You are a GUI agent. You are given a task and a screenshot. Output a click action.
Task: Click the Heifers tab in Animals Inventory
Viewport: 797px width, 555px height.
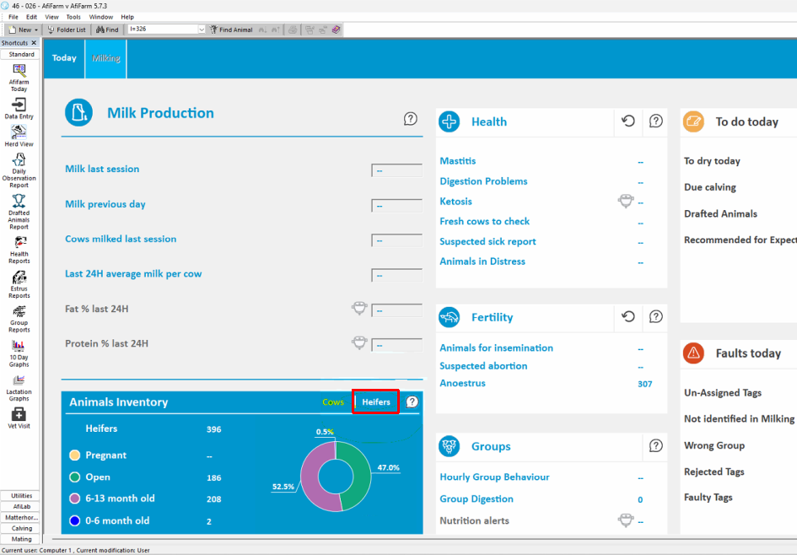pos(375,402)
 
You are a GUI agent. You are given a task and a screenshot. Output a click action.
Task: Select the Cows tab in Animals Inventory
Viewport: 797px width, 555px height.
pos(333,402)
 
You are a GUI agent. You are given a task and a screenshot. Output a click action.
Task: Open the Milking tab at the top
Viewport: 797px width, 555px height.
pos(105,58)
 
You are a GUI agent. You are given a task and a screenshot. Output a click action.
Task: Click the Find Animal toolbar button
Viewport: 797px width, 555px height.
pos(231,30)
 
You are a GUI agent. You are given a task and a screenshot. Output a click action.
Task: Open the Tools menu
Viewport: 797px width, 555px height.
pos(73,17)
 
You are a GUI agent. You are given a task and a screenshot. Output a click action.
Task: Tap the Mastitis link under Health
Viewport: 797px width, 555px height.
pos(457,161)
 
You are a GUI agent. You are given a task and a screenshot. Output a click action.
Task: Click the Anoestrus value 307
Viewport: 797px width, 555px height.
pos(644,385)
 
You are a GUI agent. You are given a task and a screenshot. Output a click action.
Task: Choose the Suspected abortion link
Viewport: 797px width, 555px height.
pos(483,366)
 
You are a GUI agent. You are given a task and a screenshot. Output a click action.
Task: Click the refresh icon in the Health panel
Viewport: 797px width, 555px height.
pos(628,121)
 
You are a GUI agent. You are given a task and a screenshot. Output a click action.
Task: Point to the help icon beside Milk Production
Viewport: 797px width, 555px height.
pos(410,119)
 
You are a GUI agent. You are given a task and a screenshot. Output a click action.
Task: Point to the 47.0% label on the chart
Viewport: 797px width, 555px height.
pos(388,467)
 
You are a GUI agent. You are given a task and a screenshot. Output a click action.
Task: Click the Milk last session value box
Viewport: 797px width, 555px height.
pos(396,170)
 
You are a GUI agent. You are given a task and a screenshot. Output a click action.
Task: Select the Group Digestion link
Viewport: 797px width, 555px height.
pos(477,499)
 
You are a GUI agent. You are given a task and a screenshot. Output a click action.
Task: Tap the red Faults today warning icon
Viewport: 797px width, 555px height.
pos(693,353)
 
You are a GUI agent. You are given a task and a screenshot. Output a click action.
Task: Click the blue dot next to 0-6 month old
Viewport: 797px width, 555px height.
pos(75,520)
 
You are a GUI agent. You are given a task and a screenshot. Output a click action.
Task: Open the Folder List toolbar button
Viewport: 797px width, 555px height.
pos(67,30)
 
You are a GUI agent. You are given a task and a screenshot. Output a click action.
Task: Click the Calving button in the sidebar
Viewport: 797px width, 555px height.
pos(21,529)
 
